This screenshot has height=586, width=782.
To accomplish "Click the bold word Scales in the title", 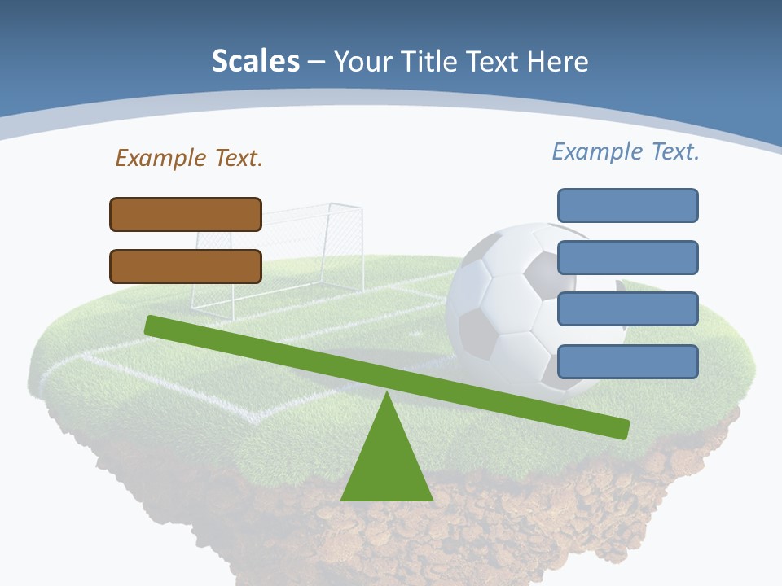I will click(x=255, y=61).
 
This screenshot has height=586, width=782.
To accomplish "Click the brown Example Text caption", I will click(x=189, y=158).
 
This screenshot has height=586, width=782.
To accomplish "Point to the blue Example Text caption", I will click(x=626, y=151).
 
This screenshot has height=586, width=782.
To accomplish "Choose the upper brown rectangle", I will click(x=186, y=214).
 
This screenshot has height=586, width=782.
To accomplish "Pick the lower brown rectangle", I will click(x=186, y=266).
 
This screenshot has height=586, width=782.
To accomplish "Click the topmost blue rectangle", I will click(x=627, y=205).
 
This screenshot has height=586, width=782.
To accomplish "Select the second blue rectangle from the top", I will click(x=627, y=257).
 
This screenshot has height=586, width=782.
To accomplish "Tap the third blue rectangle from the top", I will click(x=627, y=308).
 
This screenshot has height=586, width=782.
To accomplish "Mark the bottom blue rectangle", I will click(x=627, y=361).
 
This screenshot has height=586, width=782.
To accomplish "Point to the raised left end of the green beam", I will click(x=155, y=325).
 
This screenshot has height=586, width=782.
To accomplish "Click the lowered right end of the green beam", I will click(x=619, y=428).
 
